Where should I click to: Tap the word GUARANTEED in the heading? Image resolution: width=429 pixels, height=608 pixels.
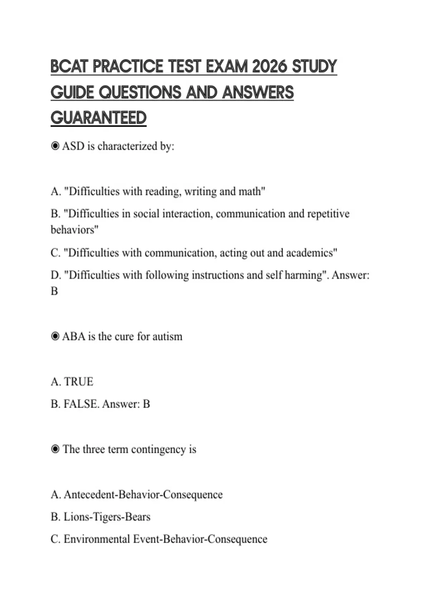[x=99, y=118]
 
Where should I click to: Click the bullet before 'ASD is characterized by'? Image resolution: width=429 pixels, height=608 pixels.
[x=55, y=146]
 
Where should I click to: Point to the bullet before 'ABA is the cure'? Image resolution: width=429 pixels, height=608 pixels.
[x=55, y=336]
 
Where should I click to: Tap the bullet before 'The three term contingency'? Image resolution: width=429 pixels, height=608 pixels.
[x=55, y=449]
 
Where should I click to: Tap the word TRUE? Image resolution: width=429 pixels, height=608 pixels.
[x=78, y=382]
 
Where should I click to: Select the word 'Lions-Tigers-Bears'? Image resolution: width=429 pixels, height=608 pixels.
[x=107, y=517]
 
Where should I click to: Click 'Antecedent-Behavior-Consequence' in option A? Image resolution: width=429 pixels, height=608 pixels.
[x=143, y=495]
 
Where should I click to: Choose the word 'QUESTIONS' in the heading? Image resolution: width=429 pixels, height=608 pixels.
[x=140, y=92]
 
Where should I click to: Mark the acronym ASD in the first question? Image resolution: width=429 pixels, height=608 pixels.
[x=73, y=146]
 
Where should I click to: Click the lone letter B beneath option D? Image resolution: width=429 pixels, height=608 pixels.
[x=54, y=291]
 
